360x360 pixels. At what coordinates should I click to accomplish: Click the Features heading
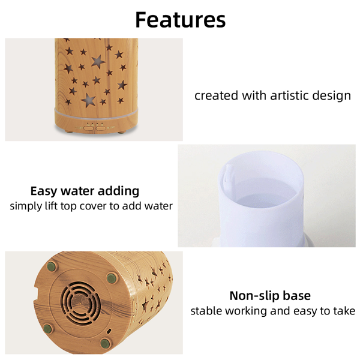point(181,20)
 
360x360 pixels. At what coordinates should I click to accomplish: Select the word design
point(332,96)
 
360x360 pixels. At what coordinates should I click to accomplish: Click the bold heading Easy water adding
point(85,191)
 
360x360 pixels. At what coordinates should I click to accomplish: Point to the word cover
point(93,206)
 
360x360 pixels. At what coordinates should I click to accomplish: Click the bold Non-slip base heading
point(270,295)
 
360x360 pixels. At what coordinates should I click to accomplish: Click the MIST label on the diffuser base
point(111,127)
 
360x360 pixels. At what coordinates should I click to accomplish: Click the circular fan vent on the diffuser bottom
point(80,303)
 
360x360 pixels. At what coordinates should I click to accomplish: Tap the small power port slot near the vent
point(109,331)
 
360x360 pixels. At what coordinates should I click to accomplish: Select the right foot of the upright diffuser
point(122,132)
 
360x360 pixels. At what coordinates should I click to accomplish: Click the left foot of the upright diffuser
point(68,131)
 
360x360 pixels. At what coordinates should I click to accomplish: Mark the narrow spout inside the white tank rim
point(229,173)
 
